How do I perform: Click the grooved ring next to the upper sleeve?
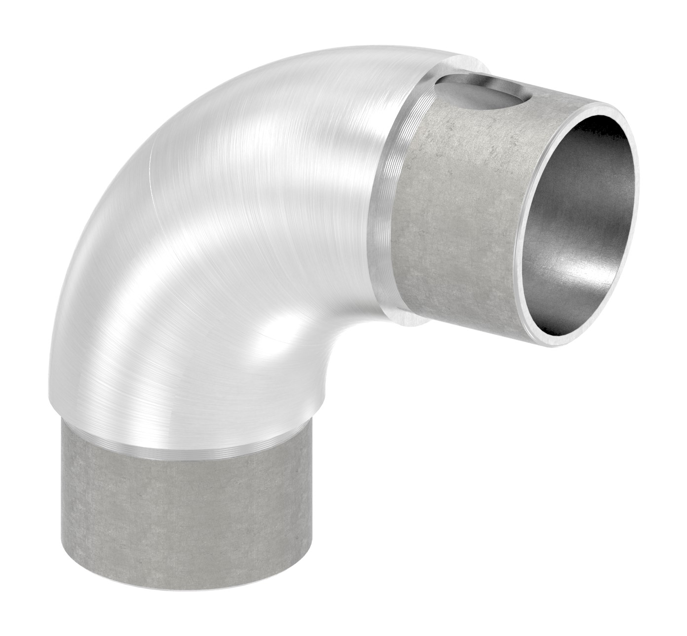click(x=390, y=197)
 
